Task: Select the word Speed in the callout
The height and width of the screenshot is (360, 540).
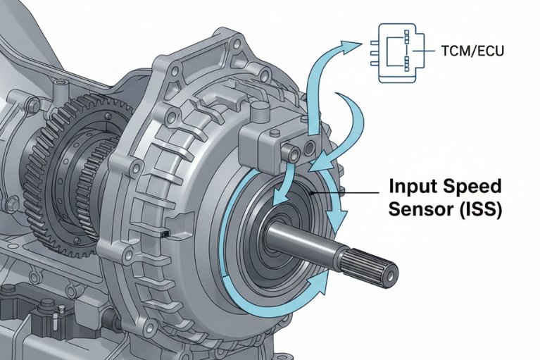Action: (x=472, y=188)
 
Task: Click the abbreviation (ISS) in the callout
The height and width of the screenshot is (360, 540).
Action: (x=479, y=210)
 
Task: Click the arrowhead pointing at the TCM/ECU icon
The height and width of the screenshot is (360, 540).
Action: (x=351, y=44)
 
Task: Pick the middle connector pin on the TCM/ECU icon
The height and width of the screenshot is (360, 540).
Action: (x=368, y=51)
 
